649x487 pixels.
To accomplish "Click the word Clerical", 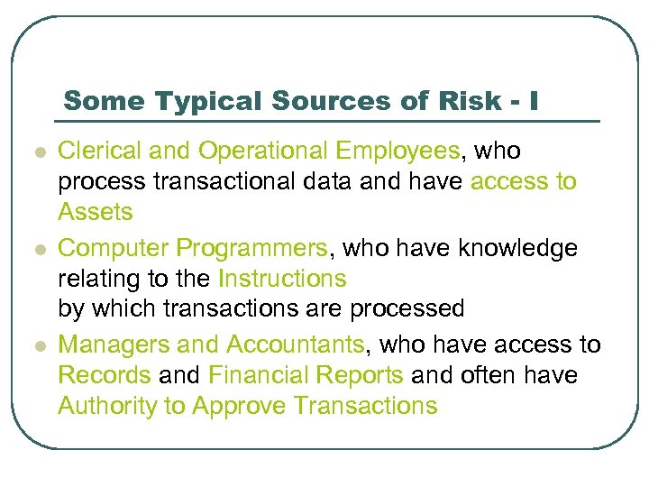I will click(99, 150).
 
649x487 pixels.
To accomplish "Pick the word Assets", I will click(96, 213).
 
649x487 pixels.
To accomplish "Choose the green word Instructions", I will click(282, 279).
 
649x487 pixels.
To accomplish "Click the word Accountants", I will click(296, 344).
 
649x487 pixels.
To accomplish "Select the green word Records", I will click(104, 375).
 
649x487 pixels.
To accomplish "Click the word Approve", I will click(239, 407).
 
